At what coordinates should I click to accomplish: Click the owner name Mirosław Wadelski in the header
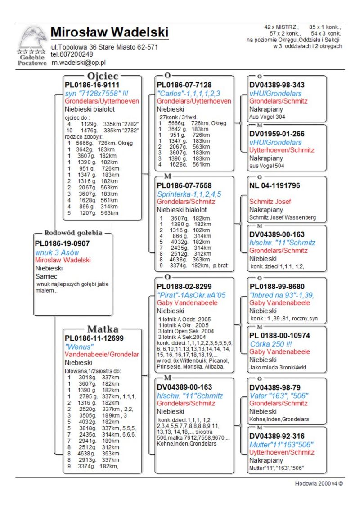109,32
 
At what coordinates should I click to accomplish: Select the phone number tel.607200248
72,54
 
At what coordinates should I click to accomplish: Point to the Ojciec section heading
103,77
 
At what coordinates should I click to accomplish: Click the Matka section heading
103,329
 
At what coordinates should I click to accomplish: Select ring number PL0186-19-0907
62,243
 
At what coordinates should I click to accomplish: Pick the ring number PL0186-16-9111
92,85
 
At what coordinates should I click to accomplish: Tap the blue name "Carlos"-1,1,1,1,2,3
189,93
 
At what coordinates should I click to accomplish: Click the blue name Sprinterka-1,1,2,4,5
189,194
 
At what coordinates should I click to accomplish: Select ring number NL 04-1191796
274,185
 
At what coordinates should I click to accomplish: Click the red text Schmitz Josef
270,202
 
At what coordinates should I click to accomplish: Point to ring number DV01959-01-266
277,134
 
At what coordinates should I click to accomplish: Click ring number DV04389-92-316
277,437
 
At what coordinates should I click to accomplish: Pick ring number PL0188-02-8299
184,286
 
